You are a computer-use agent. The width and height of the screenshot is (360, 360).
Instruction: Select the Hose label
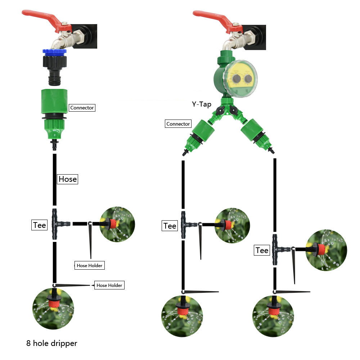coord(68,179)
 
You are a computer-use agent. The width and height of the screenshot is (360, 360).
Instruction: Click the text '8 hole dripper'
coord(52,343)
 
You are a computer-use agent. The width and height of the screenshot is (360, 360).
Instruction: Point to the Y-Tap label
coord(201,104)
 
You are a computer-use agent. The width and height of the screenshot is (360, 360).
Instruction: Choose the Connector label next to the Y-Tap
coord(178,124)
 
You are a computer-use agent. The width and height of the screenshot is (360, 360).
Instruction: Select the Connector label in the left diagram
coord(82,108)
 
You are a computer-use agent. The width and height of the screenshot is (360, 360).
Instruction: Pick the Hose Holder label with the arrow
coord(109,285)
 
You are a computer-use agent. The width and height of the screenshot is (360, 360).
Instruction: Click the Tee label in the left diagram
coord(40,225)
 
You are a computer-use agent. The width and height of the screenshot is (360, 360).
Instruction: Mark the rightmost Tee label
coord(262,250)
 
